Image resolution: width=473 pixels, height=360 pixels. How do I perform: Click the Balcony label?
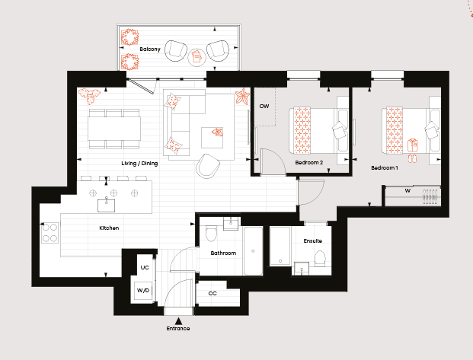[x=150, y=49]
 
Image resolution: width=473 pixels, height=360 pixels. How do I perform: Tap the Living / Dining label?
[x=139, y=164]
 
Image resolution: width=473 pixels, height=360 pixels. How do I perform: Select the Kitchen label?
[x=109, y=228]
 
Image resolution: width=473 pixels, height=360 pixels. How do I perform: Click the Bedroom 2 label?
[x=309, y=163]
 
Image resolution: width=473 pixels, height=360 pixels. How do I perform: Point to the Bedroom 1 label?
[x=385, y=167]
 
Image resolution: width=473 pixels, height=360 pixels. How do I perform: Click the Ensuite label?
[x=312, y=241]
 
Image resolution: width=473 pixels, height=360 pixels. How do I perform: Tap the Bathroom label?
[x=223, y=253]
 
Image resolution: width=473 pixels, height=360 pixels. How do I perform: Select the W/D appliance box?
[x=143, y=291]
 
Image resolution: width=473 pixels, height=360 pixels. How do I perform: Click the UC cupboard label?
[x=145, y=267]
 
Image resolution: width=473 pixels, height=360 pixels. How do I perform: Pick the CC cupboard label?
[x=213, y=293]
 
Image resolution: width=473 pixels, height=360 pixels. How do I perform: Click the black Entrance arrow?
[x=178, y=321]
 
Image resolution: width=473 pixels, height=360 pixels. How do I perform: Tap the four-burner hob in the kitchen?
[x=50, y=233]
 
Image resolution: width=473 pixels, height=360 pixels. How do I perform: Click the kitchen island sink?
[x=106, y=205]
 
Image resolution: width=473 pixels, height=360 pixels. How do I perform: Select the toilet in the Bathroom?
[x=211, y=233]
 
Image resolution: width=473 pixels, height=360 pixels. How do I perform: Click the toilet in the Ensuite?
[x=320, y=259]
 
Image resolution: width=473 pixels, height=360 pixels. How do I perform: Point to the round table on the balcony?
[x=197, y=57]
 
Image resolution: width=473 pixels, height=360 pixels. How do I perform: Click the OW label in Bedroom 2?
[x=264, y=106]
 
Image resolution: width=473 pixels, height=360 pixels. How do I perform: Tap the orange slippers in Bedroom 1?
[x=412, y=158]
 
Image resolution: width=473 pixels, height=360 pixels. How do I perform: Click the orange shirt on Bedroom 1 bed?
[x=413, y=145]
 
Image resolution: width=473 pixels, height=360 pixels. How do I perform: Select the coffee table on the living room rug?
[x=213, y=138]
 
